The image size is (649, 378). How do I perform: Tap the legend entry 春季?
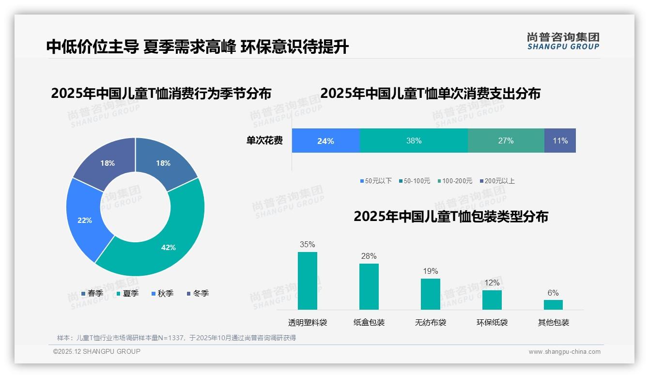(92, 293)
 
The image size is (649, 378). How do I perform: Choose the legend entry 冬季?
(197, 293)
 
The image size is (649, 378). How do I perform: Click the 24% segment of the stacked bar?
(325, 141)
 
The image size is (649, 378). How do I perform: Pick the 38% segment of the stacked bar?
(414, 141)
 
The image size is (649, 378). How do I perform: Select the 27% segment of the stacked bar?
(506, 141)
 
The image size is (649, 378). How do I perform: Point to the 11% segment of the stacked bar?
(560, 141)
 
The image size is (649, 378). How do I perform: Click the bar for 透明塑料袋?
(308, 281)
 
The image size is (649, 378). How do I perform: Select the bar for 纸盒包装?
(369, 286)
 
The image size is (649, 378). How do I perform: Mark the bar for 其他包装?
(553, 304)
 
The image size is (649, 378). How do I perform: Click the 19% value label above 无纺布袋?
(430, 271)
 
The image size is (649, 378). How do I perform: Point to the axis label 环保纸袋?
(492, 322)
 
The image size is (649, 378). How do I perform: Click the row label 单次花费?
(264, 141)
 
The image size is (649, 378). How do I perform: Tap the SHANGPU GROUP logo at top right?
(563, 41)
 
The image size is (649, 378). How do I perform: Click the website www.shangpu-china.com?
(564, 352)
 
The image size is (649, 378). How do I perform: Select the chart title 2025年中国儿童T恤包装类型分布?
(450, 217)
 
